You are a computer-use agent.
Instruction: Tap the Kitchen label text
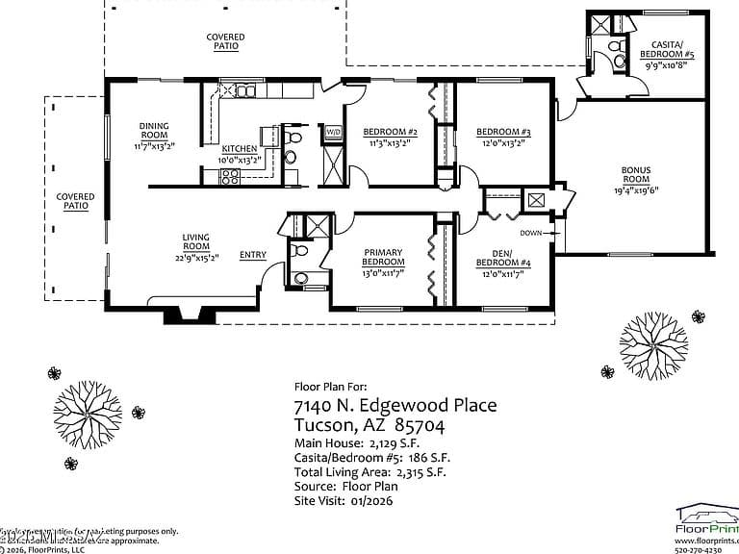coord(239,149)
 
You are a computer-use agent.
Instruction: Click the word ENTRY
coord(253,255)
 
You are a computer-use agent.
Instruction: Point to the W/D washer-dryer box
coord(333,132)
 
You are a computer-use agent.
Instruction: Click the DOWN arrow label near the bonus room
coord(530,233)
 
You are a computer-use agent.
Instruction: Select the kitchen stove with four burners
coord(230,176)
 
